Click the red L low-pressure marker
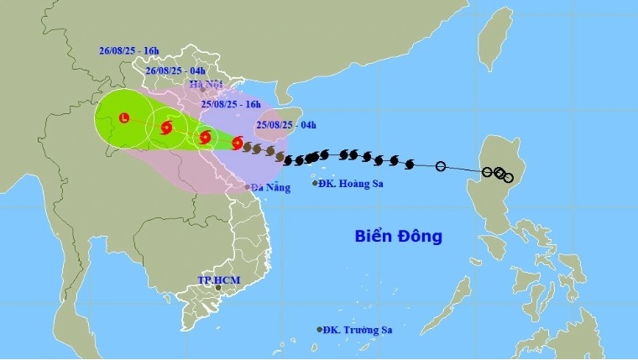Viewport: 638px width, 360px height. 125,117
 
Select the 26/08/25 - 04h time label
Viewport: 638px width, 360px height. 175,71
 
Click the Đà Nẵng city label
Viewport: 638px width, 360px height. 270,187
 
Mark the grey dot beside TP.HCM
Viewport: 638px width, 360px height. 218,288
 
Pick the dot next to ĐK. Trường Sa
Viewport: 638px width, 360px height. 320,329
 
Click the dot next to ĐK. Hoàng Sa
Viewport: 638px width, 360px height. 315,183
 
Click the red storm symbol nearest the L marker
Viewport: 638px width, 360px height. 165,128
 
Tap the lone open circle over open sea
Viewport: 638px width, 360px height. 441,166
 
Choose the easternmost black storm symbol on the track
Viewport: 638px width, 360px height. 410,163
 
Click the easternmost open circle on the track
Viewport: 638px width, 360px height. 508,178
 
